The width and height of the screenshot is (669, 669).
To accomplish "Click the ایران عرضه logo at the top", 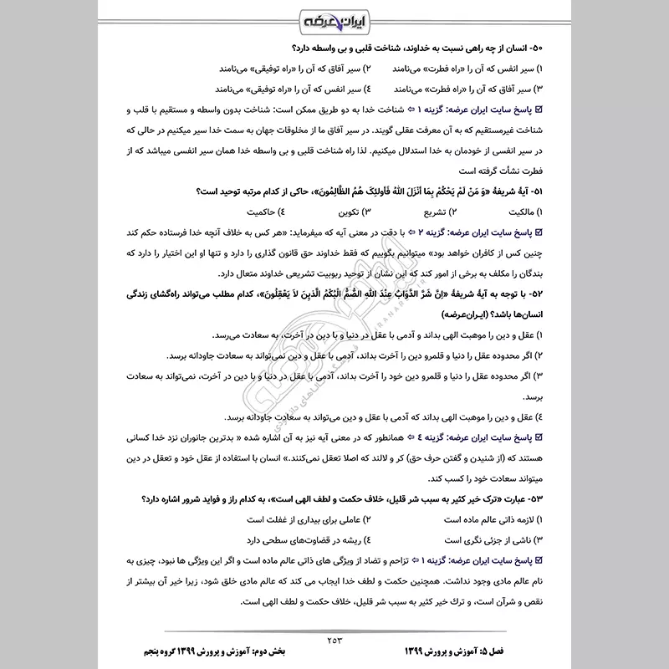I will point(334,18).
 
